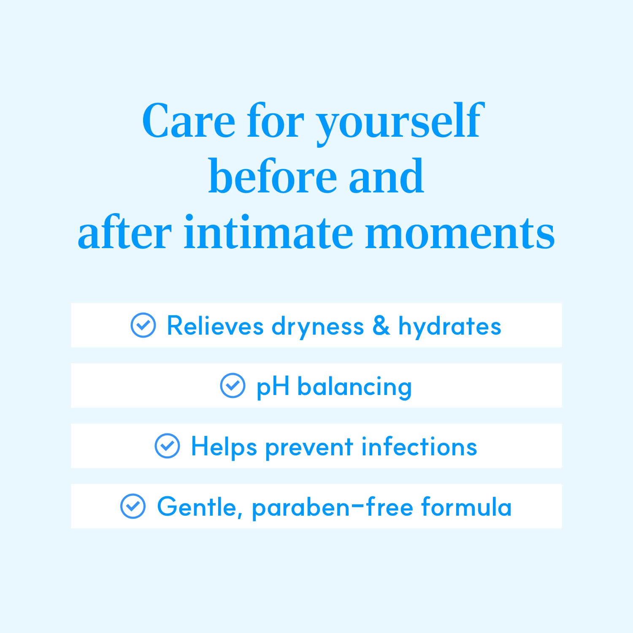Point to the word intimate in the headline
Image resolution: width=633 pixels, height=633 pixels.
pos(268,232)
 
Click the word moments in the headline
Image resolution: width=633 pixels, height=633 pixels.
pos(460,233)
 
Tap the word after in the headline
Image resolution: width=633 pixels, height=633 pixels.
pos(124,232)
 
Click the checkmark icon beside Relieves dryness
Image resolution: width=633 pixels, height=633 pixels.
pos(143,325)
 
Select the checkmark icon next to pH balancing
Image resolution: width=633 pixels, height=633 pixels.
pos(233,385)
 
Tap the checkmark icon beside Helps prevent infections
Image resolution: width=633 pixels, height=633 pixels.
pos(168,446)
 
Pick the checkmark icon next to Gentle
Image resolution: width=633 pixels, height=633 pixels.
pos(133,506)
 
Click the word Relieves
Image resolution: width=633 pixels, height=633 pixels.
pos(215,326)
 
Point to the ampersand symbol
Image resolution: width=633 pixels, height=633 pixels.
pos(381,326)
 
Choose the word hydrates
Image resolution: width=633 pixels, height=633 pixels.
pos(450,327)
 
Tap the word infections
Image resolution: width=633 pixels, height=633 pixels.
pos(419,446)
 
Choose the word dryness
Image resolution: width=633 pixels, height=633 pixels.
pos(318,327)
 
